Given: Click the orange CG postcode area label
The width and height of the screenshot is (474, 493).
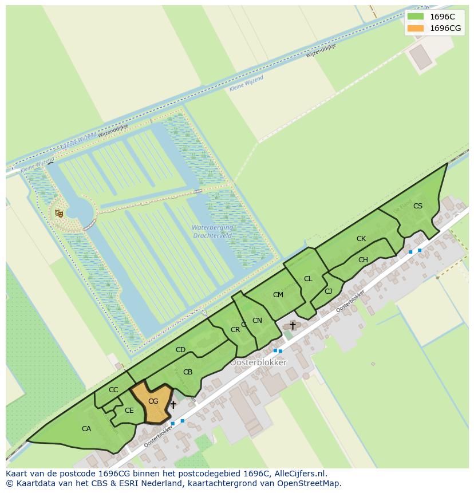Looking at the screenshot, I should click(x=153, y=401).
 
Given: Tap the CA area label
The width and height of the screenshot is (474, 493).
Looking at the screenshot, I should click(x=86, y=428).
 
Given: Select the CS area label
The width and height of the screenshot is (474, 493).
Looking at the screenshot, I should click(x=418, y=206).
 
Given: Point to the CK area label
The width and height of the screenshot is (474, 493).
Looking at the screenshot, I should click(x=361, y=239).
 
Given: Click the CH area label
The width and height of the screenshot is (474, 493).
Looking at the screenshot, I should click(x=363, y=260).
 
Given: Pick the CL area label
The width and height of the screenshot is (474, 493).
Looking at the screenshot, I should click(x=308, y=279).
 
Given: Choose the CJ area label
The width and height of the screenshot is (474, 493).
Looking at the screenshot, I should click(x=328, y=291).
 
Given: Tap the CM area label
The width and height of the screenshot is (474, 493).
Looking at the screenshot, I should click(x=278, y=295).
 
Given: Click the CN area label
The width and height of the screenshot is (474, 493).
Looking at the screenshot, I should click(x=257, y=321).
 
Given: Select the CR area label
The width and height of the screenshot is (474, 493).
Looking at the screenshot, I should click(x=235, y=330).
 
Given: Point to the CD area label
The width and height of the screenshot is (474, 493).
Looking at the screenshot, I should click(x=180, y=350).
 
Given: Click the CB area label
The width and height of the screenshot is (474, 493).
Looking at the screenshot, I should click(x=188, y=372).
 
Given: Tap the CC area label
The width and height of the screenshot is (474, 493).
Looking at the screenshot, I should click(x=113, y=390).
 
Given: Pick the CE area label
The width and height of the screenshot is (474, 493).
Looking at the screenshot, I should click(x=129, y=410).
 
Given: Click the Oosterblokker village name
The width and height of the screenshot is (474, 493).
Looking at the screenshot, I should click(x=258, y=362).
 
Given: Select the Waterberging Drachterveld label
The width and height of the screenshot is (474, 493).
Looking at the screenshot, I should click(x=212, y=231).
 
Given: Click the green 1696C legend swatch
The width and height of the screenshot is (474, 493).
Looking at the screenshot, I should click(x=416, y=17).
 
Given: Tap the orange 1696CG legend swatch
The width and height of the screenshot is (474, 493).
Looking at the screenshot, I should click(x=416, y=28).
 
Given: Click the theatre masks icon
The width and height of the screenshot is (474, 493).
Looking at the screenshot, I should click(x=59, y=214).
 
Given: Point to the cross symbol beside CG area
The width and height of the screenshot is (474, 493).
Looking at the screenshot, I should click(x=173, y=405).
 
